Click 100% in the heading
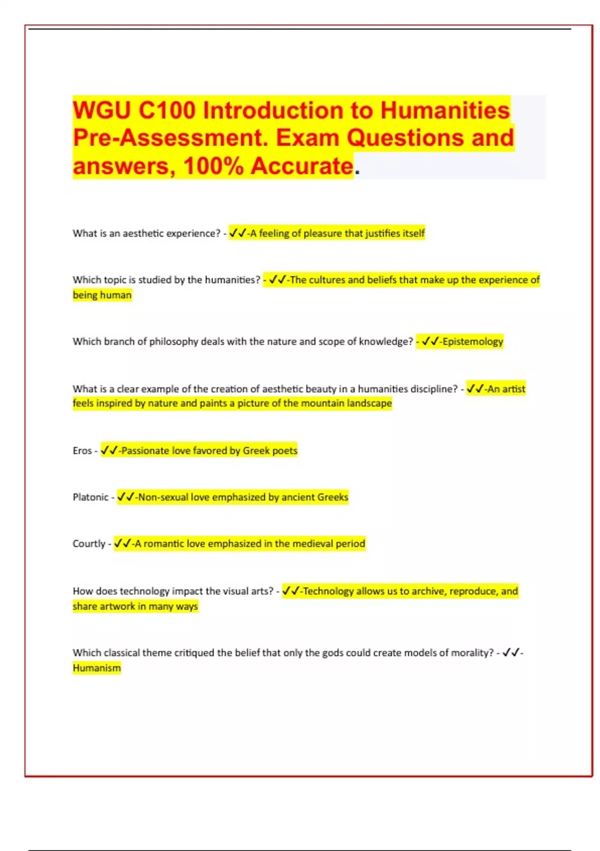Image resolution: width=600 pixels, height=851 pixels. tap(213, 166)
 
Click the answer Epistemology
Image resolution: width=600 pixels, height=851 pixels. tap(472, 341)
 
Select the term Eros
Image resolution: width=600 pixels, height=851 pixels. tap(82, 451)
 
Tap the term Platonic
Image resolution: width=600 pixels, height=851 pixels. tap(90, 497)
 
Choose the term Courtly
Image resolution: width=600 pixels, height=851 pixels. tap(89, 544)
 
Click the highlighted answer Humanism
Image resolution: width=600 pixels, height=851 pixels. tap(96, 668)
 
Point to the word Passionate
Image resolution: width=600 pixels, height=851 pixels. tap(145, 451)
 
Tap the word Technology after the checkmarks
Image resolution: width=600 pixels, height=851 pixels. tap(328, 591)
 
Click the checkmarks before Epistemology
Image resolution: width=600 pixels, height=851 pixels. tap(430, 341)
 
